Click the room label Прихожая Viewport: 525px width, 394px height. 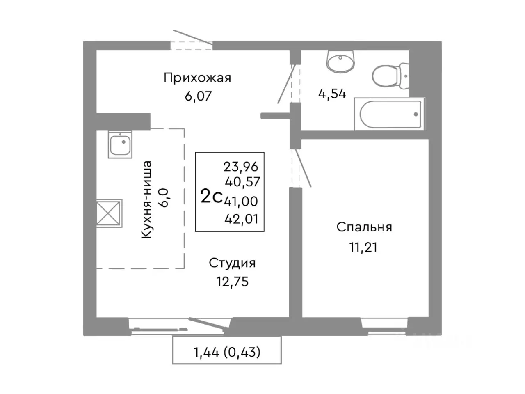(x=197, y=78)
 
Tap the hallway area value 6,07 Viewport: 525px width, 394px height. (x=198, y=96)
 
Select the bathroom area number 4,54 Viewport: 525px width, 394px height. (x=332, y=94)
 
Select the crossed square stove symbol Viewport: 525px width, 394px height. (x=109, y=213)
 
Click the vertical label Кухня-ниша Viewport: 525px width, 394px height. (x=146, y=199)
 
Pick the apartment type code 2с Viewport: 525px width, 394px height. (x=211, y=197)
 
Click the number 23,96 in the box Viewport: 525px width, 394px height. (x=241, y=166)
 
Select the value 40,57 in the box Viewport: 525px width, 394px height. (x=242, y=181)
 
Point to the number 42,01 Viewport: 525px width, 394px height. (x=241, y=219)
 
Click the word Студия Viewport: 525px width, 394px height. (x=232, y=263)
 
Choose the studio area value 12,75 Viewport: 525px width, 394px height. (x=233, y=282)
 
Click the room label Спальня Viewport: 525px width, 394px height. (x=364, y=227)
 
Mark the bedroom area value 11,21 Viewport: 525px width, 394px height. (x=363, y=247)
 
